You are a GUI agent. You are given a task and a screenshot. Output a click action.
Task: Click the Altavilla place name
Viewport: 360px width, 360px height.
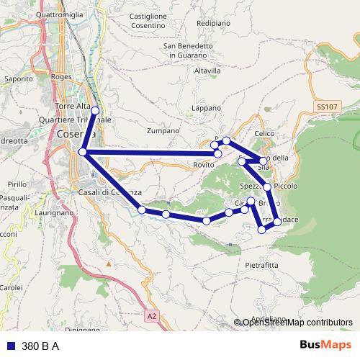pyautogui.click(x=207, y=71)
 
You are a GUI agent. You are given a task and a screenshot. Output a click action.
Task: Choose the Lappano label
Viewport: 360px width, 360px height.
pyautogui.click(x=206, y=108)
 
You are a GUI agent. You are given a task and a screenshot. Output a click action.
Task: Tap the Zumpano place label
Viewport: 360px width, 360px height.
pyautogui.click(x=162, y=132)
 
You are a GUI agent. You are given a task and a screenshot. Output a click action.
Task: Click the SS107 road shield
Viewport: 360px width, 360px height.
pyautogui.click(x=326, y=107)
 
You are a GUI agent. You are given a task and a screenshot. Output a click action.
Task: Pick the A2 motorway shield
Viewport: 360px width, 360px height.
pyautogui.click(x=151, y=315)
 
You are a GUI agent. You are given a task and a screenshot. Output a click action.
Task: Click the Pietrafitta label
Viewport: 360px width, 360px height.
pyautogui.click(x=261, y=265)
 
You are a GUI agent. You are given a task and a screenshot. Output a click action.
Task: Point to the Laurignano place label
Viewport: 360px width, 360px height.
pyautogui.click(x=53, y=214)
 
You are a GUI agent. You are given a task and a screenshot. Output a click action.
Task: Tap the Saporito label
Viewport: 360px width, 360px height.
pyautogui.click(x=19, y=78)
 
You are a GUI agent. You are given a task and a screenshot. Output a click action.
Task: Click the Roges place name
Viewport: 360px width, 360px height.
pyautogui.click(x=62, y=76)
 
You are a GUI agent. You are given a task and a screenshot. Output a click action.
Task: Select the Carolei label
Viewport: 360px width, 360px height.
pyautogui.click(x=12, y=287)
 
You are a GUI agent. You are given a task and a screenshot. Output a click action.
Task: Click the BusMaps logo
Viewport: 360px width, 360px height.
pyautogui.click(x=326, y=345)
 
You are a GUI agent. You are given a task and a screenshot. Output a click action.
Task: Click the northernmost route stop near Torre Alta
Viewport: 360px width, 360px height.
pyautogui.click(x=95, y=110)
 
